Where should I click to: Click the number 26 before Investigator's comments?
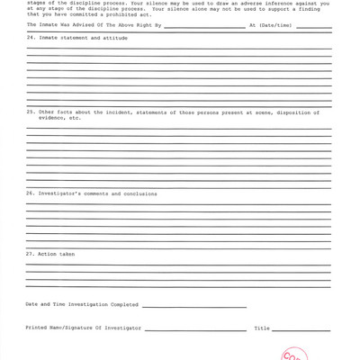click(30, 193)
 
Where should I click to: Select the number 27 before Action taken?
click(30, 254)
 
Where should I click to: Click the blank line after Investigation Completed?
click(193, 306)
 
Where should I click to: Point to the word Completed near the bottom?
click(121, 304)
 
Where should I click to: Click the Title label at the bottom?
click(262, 328)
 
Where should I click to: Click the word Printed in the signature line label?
click(39, 328)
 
